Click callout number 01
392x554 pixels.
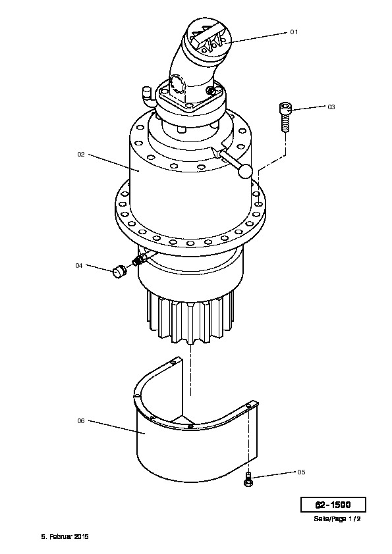294,32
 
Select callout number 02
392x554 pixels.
81,155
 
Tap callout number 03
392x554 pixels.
331,107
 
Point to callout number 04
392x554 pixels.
79,265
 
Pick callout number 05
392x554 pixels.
301,472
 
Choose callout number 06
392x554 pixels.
81,421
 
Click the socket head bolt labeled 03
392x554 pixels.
285,117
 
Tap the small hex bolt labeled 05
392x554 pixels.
249,480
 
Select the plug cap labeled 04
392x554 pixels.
119,272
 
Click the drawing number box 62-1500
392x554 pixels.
333,505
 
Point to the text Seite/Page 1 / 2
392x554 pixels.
337,518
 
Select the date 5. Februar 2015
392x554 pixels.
65,536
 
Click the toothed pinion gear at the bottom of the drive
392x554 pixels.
190,316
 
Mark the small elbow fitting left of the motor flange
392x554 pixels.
146,95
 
